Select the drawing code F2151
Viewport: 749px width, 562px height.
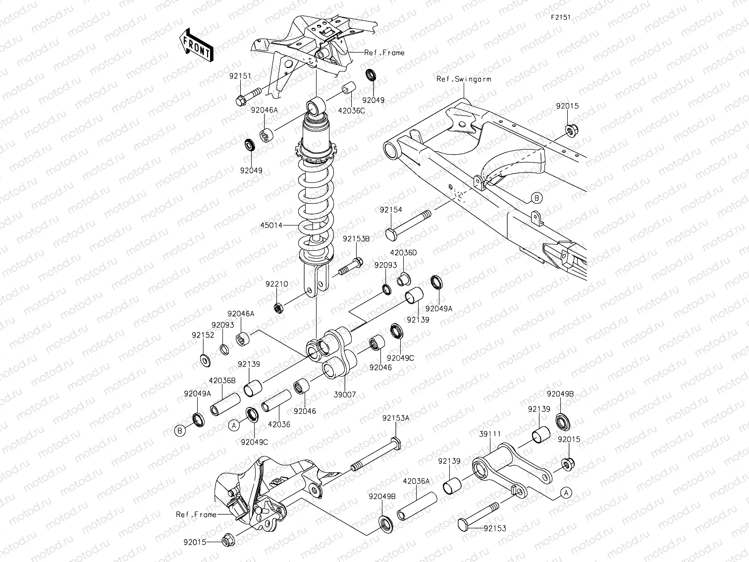(561, 17)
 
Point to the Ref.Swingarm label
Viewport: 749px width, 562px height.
(463, 79)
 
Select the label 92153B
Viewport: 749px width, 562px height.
(356, 239)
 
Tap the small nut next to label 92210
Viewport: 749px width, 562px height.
(279, 308)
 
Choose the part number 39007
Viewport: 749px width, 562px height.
(345, 394)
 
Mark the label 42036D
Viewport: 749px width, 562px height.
(403, 253)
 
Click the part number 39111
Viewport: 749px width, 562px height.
(490, 434)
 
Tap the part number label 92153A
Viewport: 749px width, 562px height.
(395, 418)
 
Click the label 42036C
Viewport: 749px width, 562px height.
(351, 111)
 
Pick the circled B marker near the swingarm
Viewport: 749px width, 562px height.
(537, 198)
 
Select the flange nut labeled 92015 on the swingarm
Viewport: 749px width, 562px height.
(570, 130)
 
